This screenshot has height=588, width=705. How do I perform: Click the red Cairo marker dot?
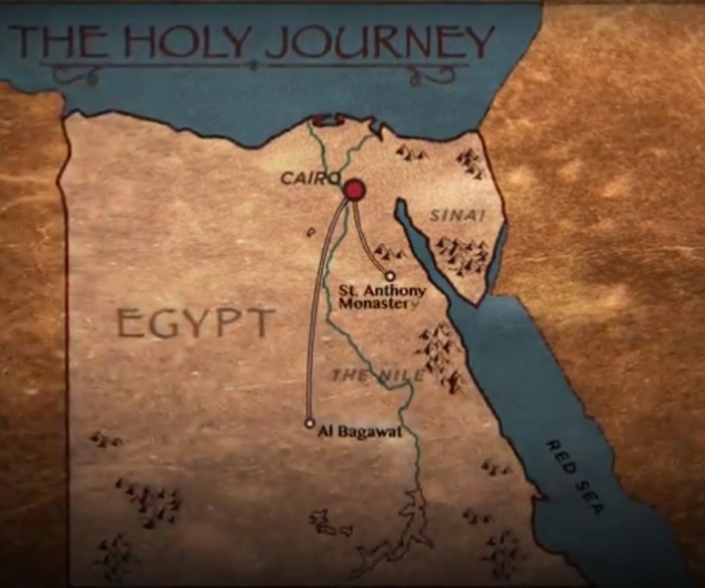(x=353, y=189)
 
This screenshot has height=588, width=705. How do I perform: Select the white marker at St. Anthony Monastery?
(x=391, y=275)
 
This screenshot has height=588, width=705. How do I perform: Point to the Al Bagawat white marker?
(x=310, y=423)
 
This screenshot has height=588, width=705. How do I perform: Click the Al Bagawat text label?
(x=360, y=431)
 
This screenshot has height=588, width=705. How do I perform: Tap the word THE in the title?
(x=60, y=41)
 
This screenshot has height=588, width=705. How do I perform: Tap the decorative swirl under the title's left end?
(x=74, y=72)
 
